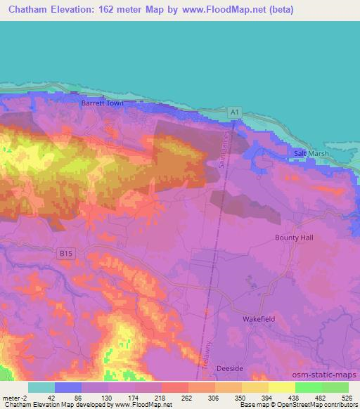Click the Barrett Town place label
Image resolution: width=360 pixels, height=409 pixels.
tap(102, 103)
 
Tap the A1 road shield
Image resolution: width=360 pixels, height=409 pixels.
tap(238, 112)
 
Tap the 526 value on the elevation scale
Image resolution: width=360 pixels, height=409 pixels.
tap(347, 398)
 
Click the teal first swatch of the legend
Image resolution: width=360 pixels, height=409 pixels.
tap(41, 387)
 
